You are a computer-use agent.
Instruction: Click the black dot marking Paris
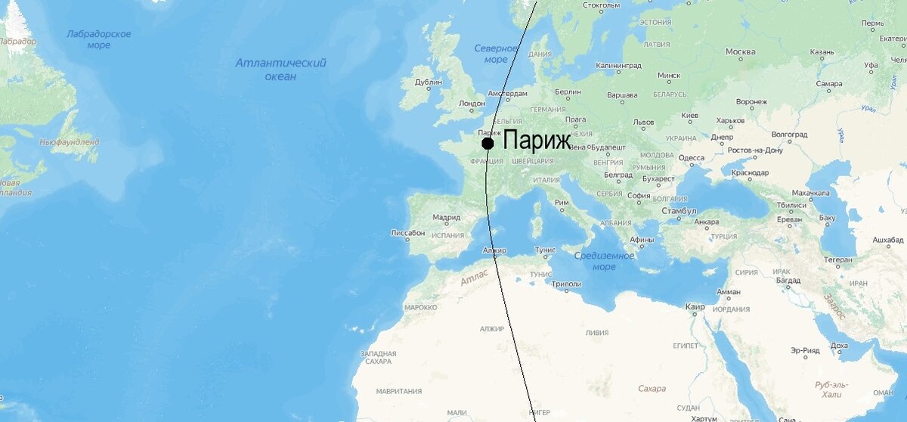click(x=488, y=143)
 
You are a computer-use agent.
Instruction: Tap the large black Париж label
click(x=537, y=141)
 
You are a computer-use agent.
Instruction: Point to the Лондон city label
click(x=472, y=104)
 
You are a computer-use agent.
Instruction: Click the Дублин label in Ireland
click(x=429, y=82)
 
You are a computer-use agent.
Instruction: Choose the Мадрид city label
click(x=446, y=218)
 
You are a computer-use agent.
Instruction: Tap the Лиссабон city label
click(x=407, y=233)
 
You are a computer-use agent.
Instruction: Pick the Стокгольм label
click(x=602, y=6)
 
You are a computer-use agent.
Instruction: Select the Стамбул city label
click(x=679, y=210)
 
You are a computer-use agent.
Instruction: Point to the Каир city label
click(x=695, y=307)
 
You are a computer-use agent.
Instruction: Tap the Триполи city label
click(x=567, y=284)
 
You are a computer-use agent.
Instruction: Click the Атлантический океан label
click(x=280, y=70)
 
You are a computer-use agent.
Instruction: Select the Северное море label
click(x=496, y=54)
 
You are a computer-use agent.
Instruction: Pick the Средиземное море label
click(x=604, y=261)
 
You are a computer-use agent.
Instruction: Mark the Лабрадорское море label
click(x=98, y=39)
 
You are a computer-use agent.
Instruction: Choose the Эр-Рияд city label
click(x=805, y=350)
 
